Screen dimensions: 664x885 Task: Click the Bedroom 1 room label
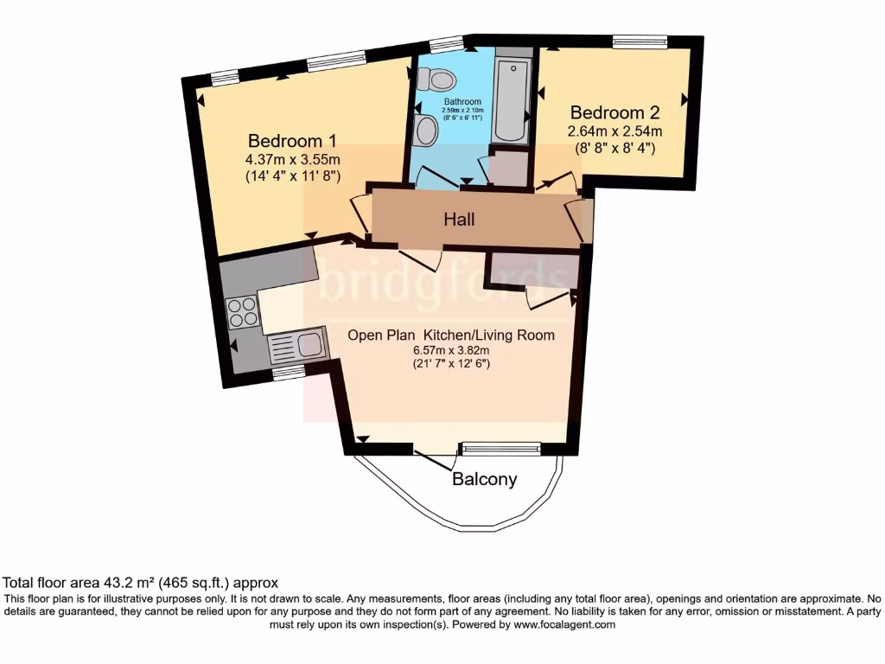pyautogui.click(x=292, y=141)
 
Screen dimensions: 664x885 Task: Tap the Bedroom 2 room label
pyautogui.click(x=614, y=112)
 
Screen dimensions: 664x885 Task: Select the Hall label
pyautogui.click(x=460, y=220)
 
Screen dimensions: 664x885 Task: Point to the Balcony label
pyautogui.click(x=485, y=479)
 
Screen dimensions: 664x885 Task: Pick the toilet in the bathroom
pyautogui.click(x=436, y=80)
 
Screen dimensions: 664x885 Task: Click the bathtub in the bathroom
pyautogui.click(x=513, y=99)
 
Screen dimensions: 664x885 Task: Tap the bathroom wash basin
pyautogui.click(x=425, y=131)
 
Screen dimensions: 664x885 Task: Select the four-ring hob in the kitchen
pyautogui.click(x=242, y=311)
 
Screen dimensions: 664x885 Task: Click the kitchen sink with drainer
pyautogui.click(x=296, y=347)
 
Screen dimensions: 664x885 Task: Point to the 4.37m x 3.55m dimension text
pyautogui.click(x=292, y=159)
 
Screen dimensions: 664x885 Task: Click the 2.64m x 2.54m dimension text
pyautogui.click(x=614, y=131)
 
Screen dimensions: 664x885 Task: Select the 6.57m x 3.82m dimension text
pyautogui.click(x=450, y=350)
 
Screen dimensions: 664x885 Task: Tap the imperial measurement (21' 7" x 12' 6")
pyautogui.click(x=450, y=364)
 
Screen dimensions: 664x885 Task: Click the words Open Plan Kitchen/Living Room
pyautogui.click(x=450, y=335)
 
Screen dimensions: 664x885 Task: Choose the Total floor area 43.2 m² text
pyautogui.click(x=141, y=583)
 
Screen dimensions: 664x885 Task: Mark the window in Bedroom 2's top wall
pyautogui.click(x=640, y=41)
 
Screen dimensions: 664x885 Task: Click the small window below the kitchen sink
pyautogui.click(x=289, y=372)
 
